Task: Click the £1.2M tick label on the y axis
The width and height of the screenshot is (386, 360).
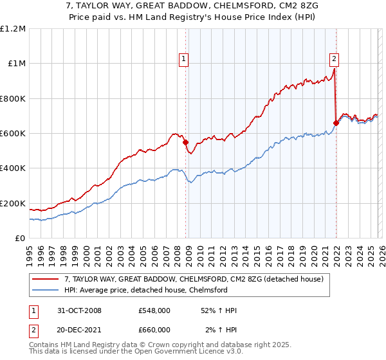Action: point(13,29)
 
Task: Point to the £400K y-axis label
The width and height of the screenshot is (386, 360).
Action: point(13,168)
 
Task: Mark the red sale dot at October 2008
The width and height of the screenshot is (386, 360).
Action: point(186,142)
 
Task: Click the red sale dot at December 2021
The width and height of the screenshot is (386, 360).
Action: point(336,123)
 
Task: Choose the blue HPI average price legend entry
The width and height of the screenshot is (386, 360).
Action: point(154,290)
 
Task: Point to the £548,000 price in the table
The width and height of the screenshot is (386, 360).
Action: point(154,310)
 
